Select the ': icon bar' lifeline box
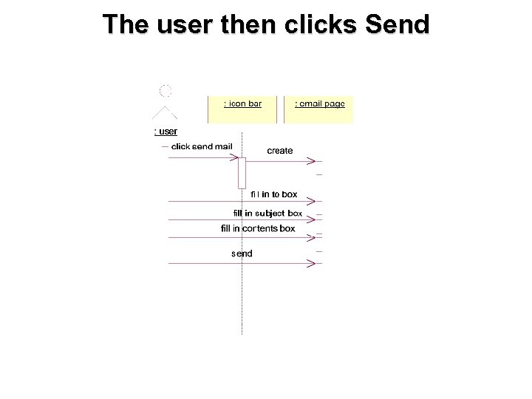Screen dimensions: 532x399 click(x=242, y=109)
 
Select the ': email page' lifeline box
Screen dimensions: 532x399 click(x=319, y=109)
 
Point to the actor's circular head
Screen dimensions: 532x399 click(x=166, y=91)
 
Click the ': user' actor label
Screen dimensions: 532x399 click(x=166, y=132)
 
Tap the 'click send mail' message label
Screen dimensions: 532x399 click(x=202, y=146)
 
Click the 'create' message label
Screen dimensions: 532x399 click(x=279, y=151)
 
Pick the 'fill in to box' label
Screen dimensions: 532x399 click(x=273, y=194)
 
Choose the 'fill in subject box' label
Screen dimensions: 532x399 click(x=267, y=213)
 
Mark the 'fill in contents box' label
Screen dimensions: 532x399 click(x=258, y=228)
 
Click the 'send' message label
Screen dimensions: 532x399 click(x=242, y=253)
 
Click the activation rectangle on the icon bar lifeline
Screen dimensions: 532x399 click(x=242, y=173)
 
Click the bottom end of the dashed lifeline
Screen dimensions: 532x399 click(x=242, y=333)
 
